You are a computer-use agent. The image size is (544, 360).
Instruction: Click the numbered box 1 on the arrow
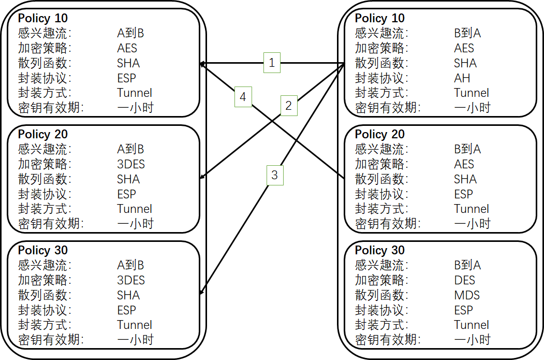pos(272,63)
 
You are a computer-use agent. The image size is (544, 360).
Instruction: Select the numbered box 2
pos(289,106)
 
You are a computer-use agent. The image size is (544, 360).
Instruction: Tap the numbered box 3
pos(274,175)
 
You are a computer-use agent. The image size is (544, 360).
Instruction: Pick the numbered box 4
pos(243,96)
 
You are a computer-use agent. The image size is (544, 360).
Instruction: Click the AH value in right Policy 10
pos(462,78)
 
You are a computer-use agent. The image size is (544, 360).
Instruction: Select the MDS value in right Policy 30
pos(467,295)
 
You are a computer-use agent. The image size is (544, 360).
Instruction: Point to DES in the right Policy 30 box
pos(464,280)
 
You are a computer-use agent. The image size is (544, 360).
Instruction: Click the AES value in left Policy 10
pos(127,48)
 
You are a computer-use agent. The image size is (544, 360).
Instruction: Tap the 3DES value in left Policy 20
pos(131,164)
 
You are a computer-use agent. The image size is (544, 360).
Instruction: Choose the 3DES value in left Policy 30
pos(131,280)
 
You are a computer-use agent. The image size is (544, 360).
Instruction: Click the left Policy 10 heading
pos(43,19)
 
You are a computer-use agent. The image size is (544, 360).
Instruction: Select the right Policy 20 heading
pos(379,135)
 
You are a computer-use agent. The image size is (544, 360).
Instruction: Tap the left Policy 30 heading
pos(43,251)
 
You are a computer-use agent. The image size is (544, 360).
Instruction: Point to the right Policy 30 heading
pos(379,251)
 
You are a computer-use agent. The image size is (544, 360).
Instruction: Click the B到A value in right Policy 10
pos(467,33)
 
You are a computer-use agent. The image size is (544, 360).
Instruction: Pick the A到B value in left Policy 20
pos(130,149)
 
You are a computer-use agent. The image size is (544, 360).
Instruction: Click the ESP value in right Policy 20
pos(463,194)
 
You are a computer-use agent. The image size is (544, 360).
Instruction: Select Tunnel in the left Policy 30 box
pos(135,325)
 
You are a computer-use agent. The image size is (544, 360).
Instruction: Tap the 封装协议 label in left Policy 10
pos(44,78)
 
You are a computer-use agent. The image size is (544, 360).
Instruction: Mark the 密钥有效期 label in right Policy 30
pos(387,340)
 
